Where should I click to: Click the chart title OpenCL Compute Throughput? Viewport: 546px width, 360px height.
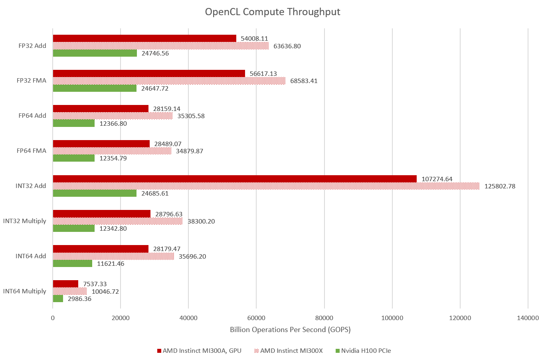pyautogui.click(x=273, y=12)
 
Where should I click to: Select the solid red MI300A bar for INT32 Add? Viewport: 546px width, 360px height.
pyautogui.click(x=235, y=179)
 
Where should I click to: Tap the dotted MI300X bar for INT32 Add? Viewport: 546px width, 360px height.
pyautogui.click(x=266, y=186)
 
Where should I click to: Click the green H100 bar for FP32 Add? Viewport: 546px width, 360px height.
pyautogui.click(x=95, y=53)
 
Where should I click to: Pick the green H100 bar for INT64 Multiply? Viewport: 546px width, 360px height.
pyautogui.click(x=58, y=299)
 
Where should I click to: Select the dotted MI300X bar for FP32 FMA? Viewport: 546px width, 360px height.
pyautogui.click(x=169, y=81)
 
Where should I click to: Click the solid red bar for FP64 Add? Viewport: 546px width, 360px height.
pyautogui.click(x=101, y=109)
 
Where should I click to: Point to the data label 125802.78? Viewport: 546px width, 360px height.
pyautogui.click(x=500, y=186)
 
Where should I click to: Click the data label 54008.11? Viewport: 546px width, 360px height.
pyautogui.click(x=254, y=39)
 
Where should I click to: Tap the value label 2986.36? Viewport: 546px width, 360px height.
pyautogui.click(x=79, y=299)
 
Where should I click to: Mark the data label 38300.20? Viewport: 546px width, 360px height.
pyautogui.click(x=201, y=221)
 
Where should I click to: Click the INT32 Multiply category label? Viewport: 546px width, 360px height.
pyautogui.click(x=25, y=221)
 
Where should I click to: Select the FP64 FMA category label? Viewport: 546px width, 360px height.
pyautogui.click(x=32, y=150)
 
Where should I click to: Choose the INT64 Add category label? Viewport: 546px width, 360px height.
pyautogui.click(x=31, y=256)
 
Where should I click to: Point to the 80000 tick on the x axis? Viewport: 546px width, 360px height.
pyautogui.click(x=324, y=318)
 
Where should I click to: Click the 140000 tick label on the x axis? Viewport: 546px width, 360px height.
pyautogui.click(x=528, y=318)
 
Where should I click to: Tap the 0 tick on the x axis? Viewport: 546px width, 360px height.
pyautogui.click(x=53, y=318)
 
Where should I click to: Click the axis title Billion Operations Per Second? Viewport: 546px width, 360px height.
pyautogui.click(x=290, y=330)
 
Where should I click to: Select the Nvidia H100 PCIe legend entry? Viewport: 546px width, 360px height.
pyautogui.click(x=363, y=351)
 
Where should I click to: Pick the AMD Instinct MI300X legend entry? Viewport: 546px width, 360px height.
pyautogui.click(x=288, y=351)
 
